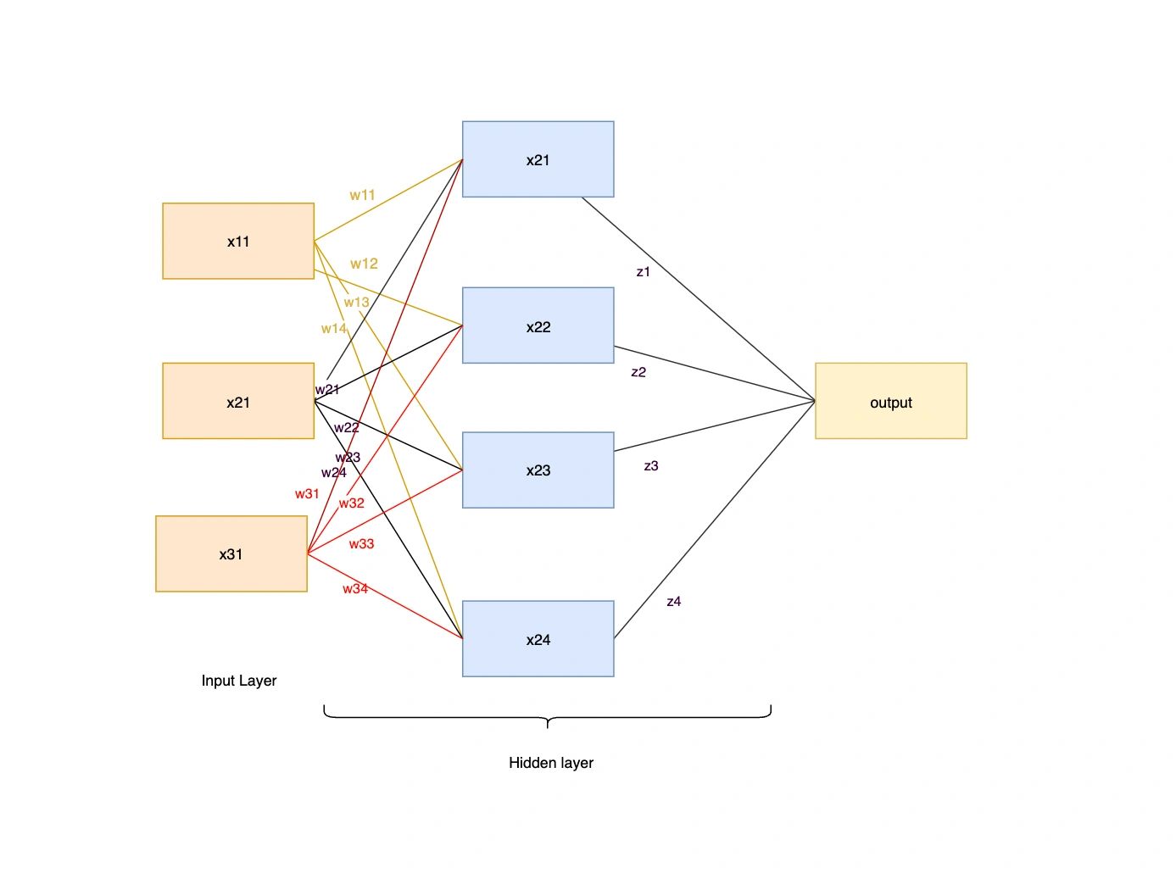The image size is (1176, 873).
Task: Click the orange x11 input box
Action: (238, 241)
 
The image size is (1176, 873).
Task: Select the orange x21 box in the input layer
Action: (238, 401)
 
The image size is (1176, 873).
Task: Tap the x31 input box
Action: (231, 553)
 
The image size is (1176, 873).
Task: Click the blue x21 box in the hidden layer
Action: (538, 159)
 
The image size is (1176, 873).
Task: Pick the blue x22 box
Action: (538, 325)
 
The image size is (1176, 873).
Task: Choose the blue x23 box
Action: (538, 470)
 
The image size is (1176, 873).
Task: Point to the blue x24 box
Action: (538, 638)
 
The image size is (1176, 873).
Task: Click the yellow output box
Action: (890, 401)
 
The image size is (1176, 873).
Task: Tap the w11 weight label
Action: (362, 195)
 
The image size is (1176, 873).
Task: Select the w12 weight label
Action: (364, 264)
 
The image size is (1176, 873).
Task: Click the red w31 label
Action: (307, 493)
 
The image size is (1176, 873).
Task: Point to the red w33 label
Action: (361, 543)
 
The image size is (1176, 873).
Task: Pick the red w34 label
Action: (355, 588)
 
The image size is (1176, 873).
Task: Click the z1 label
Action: (643, 271)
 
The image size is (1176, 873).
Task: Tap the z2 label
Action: (638, 371)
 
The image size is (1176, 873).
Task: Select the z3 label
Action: (651, 465)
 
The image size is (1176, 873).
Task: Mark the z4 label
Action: (674, 601)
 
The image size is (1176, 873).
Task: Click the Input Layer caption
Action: (239, 680)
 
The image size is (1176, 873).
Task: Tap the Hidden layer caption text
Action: (551, 762)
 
